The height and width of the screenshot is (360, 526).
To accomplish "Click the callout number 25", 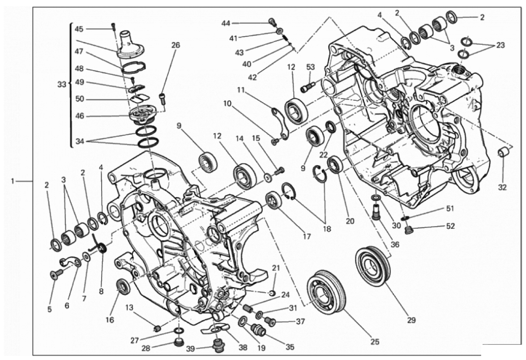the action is [x=375, y=342].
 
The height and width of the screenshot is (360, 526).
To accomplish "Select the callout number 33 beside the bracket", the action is [x=61, y=85].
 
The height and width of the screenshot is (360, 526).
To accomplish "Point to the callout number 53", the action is [x=311, y=67].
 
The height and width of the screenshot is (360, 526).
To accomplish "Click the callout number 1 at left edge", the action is [x=13, y=181].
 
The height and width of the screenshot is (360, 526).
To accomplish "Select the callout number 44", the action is [x=226, y=23].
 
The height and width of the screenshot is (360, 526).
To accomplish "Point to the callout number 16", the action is [x=110, y=320].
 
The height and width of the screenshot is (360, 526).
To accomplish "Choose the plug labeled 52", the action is [x=408, y=231].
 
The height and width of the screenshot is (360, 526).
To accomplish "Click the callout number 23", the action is [x=500, y=45].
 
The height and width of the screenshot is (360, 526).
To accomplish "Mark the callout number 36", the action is [x=395, y=244].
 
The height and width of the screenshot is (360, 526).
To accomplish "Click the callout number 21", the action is [x=276, y=268].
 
